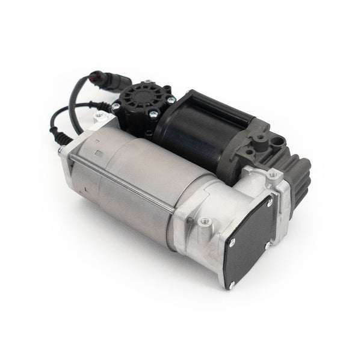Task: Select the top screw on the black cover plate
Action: point(269,203)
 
